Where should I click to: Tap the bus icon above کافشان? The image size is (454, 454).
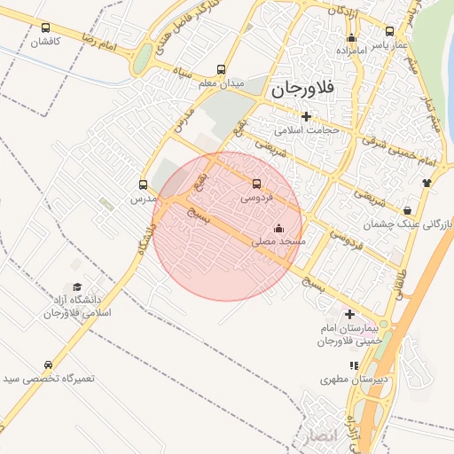pos(45,27)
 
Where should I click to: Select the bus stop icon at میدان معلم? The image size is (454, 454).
pos(221,70)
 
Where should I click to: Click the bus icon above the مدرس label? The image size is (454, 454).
pos(143,185)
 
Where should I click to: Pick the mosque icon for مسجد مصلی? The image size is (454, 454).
pos(279,228)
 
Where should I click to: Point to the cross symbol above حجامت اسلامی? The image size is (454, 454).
pos(307,116)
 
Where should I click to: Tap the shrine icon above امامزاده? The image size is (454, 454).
pos(352,38)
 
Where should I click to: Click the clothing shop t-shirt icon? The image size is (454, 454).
pos(427,184)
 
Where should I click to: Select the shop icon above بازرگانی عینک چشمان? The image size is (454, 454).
pos(407,210)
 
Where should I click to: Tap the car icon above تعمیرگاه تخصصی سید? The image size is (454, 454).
pos(48,365)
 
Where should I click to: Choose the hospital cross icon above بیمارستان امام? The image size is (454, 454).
pos(350,314)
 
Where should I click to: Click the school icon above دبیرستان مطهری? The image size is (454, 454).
pos(354,365)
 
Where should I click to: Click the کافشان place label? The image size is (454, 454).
pos(45,42)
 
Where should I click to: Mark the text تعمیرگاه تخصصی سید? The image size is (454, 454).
pos(48,380)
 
